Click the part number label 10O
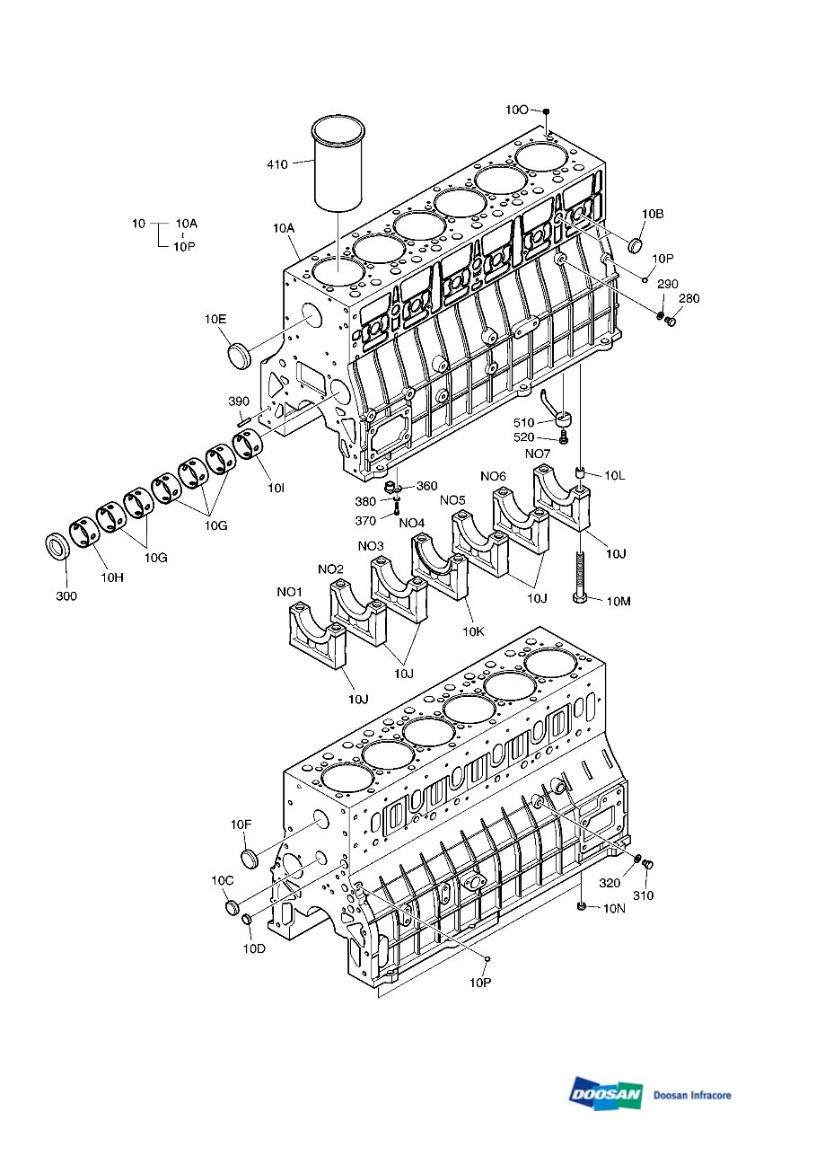(516, 110)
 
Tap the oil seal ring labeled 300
(58, 546)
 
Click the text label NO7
(537, 454)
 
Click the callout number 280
(688, 298)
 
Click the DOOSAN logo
(605, 1094)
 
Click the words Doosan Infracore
(692, 1095)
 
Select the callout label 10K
(474, 631)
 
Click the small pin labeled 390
(242, 420)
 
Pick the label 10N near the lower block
(613, 908)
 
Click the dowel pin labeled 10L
(581, 473)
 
